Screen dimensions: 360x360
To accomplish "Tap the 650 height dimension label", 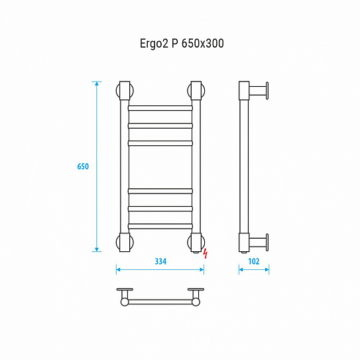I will pos(83,166).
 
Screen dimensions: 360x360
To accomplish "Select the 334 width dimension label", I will pos(160,261).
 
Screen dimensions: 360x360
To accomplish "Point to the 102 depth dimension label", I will pos(254,261).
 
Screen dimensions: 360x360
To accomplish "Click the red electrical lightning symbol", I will pos(206,253).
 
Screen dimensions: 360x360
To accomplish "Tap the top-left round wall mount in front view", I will pos(124,91).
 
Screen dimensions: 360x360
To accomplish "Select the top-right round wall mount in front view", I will pos(196,91).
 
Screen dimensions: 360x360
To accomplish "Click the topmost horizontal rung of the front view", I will pos(160,107).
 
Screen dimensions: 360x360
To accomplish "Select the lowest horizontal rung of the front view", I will pos(160,227).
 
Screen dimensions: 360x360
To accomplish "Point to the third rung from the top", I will pos(160,142).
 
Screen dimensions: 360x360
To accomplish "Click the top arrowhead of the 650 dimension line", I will pos(97,84).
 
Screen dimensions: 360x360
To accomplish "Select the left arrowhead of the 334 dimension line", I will pos(119,269).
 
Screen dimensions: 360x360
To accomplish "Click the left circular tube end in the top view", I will pos(124,302).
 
